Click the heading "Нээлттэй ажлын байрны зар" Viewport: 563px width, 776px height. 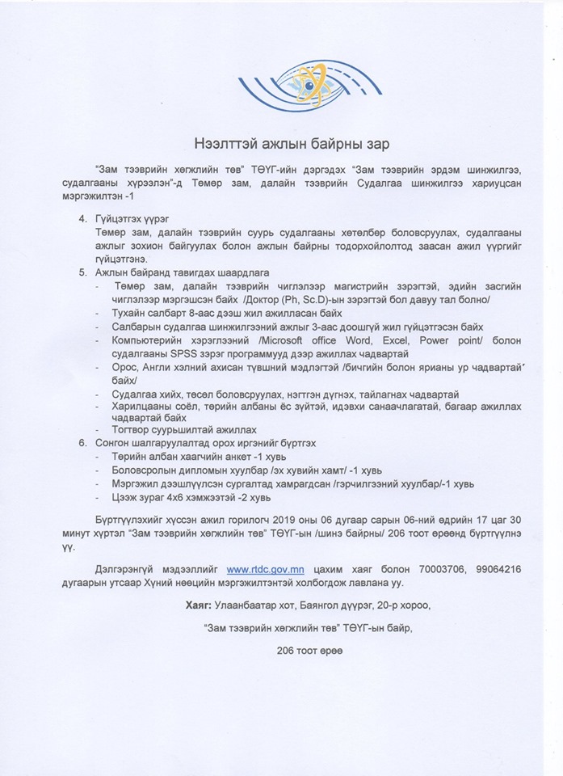280,145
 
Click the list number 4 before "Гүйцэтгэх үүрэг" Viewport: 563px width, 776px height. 82,219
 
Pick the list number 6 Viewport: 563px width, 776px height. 82,444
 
